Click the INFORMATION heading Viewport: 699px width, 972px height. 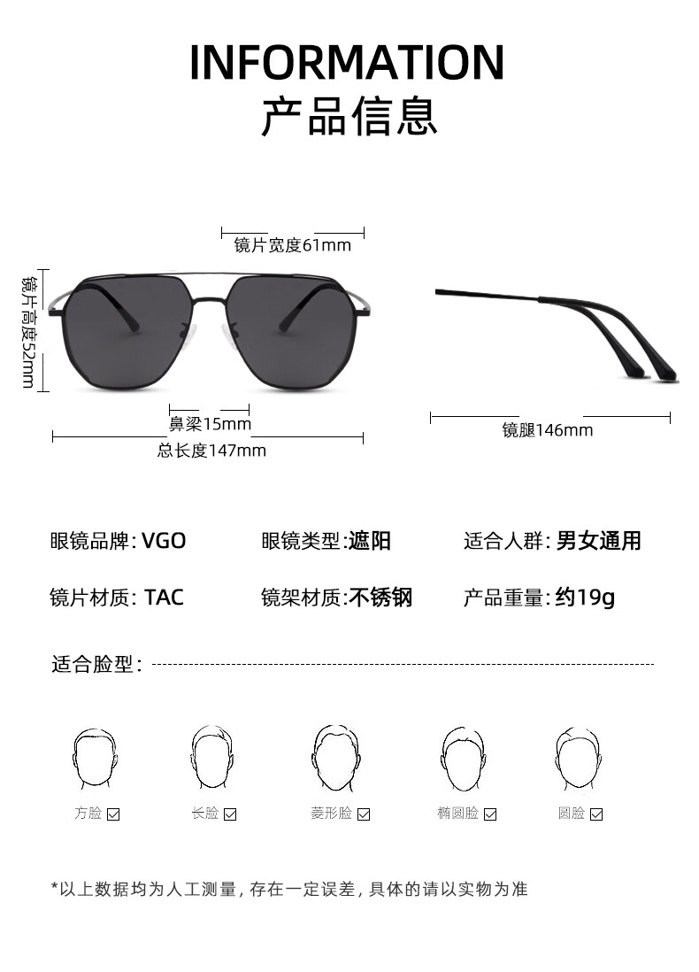pyautogui.click(x=347, y=61)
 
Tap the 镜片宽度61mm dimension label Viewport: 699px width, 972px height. pyautogui.click(x=292, y=245)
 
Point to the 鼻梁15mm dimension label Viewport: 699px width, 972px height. pyautogui.click(x=210, y=424)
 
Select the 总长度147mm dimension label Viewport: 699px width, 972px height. pyautogui.click(x=211, y=451)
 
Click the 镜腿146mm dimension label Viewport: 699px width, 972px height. pyautogui.click(x=548, y=430)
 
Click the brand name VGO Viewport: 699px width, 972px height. pyautogui.click(x=164, y=541)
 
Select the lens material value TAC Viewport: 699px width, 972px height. pyautogui.click(x=164, y=598)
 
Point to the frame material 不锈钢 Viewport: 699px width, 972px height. pyautogui.click(x=380, y=598)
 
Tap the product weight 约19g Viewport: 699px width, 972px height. pyautogui.click(x=585, y=598)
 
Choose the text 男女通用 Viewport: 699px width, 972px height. pyautogui.click(x=598, y=541)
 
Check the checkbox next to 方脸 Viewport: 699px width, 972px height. pyautogui.click(x=113, y=814)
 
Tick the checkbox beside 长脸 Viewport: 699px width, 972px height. pyautogui.click(x=230, y=814)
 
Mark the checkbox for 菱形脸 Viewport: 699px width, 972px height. pyautogui.click(x=364, y=814)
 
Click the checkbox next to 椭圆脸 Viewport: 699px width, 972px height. pyautogui.click(x=490, y=814)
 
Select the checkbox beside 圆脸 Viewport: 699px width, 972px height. pyautogui.click(x=596, y=814)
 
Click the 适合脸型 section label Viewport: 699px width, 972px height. pyautogui.click(x=96, y=664)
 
